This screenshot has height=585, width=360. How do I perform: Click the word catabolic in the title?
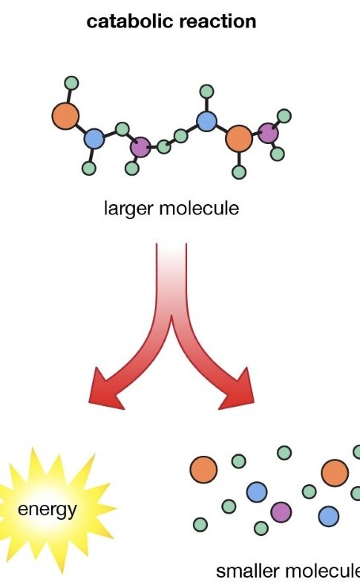coord(131,22)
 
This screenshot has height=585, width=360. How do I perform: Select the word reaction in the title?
coord(218,22)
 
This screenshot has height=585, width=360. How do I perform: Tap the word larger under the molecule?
coord(129,208)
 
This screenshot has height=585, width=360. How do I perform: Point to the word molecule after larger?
coord(199,207)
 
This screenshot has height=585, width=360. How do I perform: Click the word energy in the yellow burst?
coord(48,509)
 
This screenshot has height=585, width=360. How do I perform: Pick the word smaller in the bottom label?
coord(248,571)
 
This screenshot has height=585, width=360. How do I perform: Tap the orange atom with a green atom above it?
coord(65,117)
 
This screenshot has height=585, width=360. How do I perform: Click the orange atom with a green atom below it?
coord(239,138)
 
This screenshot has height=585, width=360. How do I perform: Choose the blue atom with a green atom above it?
coord(206,121)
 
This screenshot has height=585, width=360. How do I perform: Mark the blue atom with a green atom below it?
coord(94,139)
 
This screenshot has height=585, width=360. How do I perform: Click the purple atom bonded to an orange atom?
coord(268,133)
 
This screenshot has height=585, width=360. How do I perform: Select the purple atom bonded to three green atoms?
coord(140,147)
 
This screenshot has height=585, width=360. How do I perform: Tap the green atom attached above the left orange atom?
coord(71,83)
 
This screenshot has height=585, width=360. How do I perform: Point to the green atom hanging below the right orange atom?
coord(239,172)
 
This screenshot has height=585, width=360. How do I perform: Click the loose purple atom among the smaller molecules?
coord(281,512)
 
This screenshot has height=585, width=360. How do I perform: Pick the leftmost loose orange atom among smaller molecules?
coord(203,469)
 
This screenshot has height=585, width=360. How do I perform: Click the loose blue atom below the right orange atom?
coord(329,517)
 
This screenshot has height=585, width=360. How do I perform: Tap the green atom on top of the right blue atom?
coord(206,91)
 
